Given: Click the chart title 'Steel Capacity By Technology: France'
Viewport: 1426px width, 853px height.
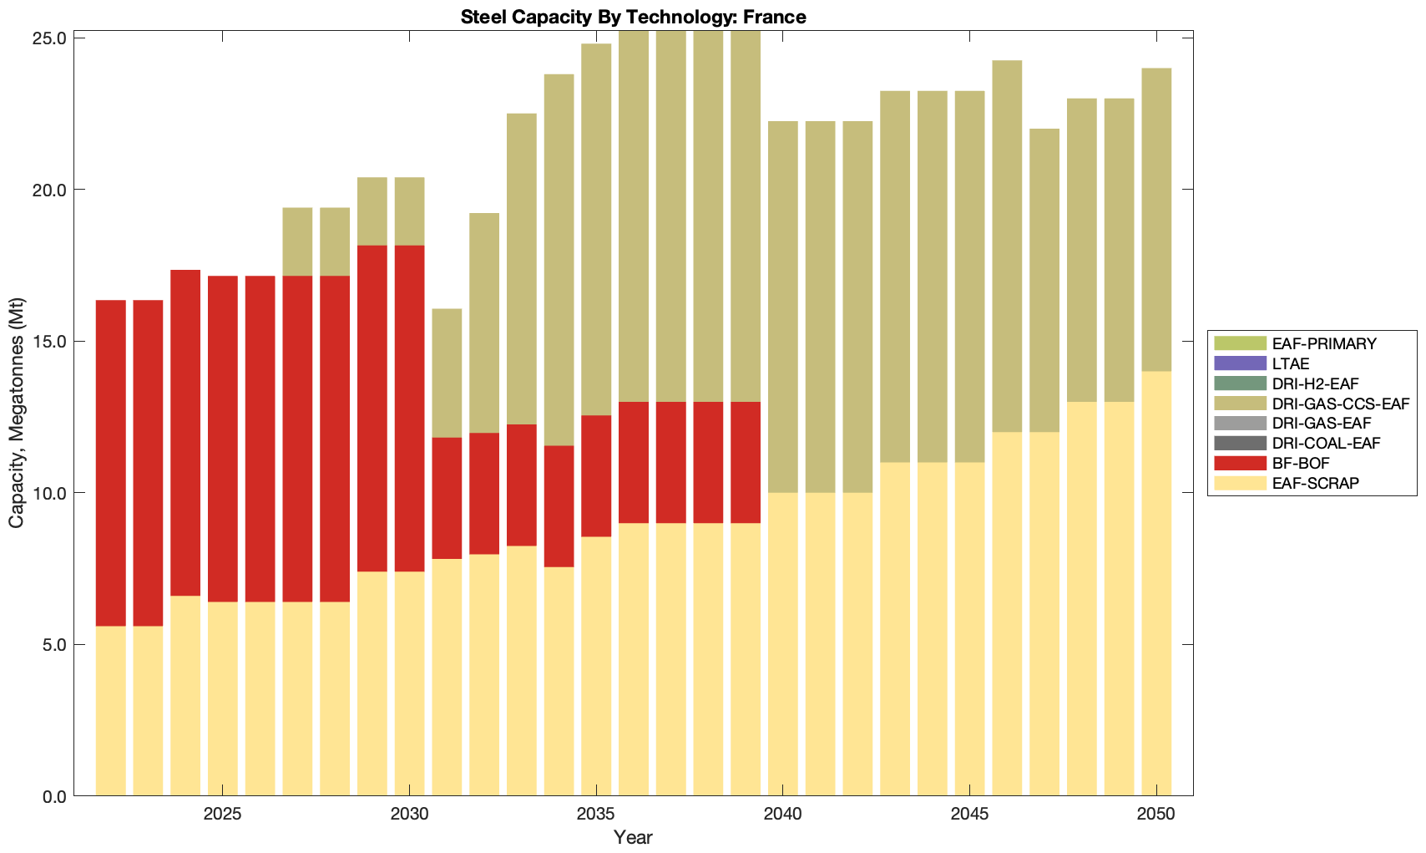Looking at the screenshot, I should (x=633, y=17).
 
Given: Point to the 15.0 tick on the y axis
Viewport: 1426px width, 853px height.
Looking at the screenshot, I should (x=49, y=342).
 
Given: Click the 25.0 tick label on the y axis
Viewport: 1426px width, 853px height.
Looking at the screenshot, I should (x=49, y=38).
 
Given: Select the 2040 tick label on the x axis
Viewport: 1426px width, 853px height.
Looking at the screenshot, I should (x=782, y=814).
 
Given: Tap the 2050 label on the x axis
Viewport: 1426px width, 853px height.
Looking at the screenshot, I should (x=1155, y=814).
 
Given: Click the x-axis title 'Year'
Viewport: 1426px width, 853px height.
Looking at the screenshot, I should (x=633, y=837).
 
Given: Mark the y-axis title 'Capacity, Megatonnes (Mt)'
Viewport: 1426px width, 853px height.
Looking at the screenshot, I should (x=16, y=413).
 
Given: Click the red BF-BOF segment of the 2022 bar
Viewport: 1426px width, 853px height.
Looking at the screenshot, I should (x=111, y=463).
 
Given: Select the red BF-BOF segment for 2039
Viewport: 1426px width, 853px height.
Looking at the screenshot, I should (x=746, y=462).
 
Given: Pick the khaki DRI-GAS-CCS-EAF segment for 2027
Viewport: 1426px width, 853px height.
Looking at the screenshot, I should (x=297, y=241).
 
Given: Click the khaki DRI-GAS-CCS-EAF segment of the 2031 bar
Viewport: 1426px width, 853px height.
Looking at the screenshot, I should (x=447, y=373).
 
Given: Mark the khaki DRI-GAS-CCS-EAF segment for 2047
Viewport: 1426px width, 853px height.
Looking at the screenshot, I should (x=1044, y=280).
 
